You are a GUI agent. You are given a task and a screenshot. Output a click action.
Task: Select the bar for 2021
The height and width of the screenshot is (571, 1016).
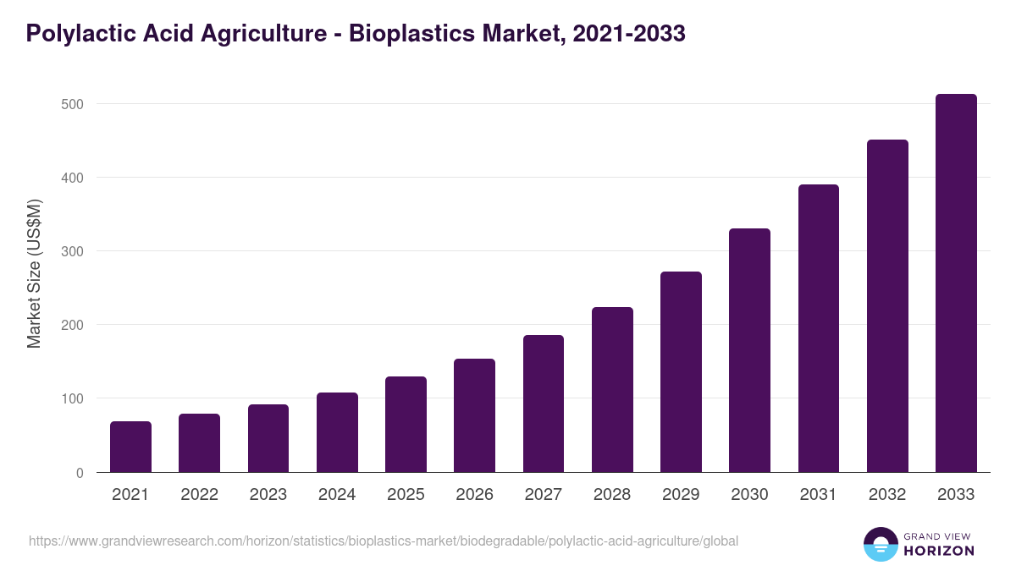(x=130, y=447)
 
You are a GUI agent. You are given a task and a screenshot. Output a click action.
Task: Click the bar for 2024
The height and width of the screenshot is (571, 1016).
(x=337, y=432)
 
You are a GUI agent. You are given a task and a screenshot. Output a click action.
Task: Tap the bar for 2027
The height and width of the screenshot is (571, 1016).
(x=544, y=404)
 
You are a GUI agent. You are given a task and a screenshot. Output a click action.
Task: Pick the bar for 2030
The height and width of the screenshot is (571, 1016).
(x=749, y=350)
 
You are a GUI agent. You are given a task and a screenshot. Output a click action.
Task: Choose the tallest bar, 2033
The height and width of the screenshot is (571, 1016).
(x=956, y=283)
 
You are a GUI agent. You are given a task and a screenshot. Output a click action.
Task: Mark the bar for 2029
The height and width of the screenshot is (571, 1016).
(x=681, y=372)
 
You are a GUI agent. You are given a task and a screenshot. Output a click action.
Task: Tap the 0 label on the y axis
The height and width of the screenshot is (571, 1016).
(x=80, y=473)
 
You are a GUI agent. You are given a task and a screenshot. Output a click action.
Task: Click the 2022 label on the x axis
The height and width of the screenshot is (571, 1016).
(x=199, y=495)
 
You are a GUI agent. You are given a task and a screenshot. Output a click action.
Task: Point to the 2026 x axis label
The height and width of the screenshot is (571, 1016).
(x=474, y=495)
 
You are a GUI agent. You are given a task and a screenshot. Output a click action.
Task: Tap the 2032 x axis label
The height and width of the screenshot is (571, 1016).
(x=887, y=495)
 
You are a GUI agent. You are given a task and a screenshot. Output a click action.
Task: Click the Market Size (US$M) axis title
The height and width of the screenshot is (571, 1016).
(x=34, y=273)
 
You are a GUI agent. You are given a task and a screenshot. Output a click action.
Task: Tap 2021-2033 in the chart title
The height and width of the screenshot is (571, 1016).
(x=628, y=34)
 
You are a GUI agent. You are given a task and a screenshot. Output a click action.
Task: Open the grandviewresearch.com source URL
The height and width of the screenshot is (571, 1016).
(x=384, y=541)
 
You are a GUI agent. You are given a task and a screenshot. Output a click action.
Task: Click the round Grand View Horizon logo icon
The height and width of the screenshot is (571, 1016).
(x=880, y=544)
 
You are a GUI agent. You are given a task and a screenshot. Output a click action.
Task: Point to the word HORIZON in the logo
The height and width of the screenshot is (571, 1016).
(x=939, y=551)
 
